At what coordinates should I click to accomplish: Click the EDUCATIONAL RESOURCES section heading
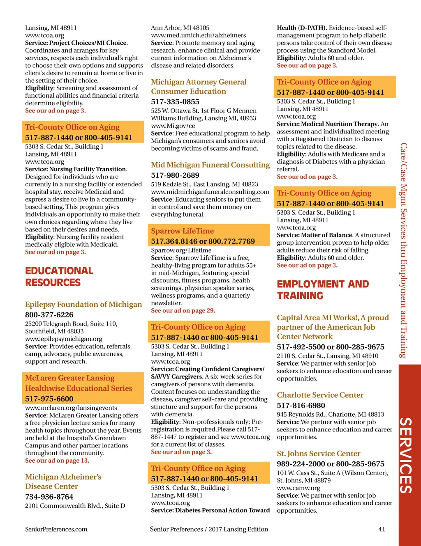coord(59,277)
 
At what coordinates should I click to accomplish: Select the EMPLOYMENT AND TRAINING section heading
coord(323,290)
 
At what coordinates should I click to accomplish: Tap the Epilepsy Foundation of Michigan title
coord(83,304)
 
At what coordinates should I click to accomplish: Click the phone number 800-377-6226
coord(49,315)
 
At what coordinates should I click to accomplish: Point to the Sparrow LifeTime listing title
coord(182,231)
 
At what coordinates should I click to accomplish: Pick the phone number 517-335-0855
coord(175,102)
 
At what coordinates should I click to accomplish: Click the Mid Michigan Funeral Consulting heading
coord(210,165)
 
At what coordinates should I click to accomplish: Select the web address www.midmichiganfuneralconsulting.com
coord(210,192)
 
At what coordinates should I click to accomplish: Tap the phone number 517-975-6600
coord(49,399)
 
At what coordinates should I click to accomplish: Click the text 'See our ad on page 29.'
coord(183,310)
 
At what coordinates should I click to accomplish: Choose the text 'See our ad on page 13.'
coord(57,461)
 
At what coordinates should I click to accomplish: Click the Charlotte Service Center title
coord(320,395)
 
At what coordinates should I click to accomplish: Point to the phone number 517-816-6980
coord(301,406)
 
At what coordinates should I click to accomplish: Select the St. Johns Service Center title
coord(319,454)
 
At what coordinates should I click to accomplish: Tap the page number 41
coord(382,529)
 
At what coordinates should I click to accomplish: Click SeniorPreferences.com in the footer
coord(56,529)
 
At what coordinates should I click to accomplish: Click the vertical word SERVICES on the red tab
coord(406,455)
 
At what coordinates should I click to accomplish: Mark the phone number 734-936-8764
coord(49,497)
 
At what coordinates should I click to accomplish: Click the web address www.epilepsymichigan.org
coord(64,339)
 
